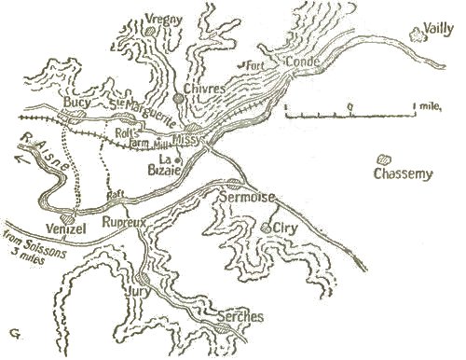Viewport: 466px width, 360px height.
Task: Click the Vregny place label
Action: [166, 18]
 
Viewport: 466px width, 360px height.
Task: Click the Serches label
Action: [240, 316]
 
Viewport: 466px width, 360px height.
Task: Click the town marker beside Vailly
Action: [417, 35]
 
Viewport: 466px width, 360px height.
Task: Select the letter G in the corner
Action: [13, 332]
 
